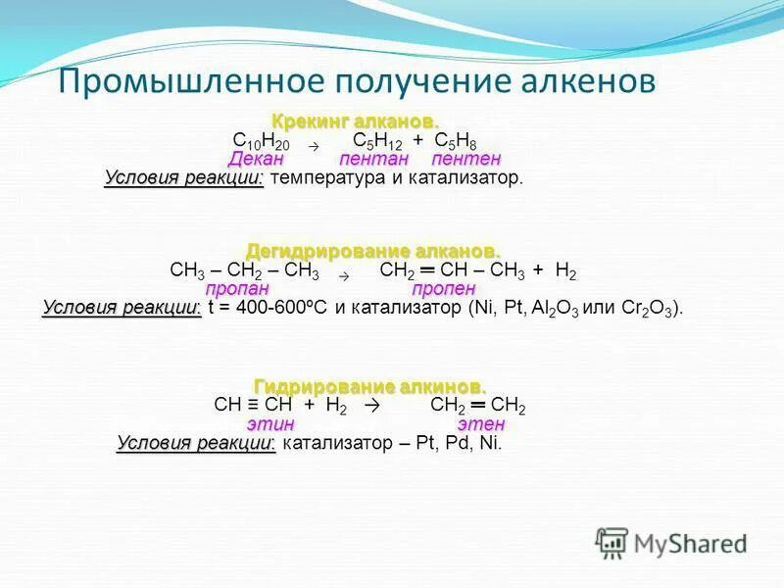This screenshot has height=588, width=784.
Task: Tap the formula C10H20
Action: (x=254, y=141)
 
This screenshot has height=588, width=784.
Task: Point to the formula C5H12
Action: (x=377, y=141)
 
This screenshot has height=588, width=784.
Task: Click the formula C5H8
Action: (x=456, y=141)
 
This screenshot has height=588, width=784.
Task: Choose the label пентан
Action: (x=374, y=159)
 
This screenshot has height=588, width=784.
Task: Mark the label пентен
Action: (x=466, y=159)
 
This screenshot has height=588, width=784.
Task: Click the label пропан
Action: (x=237, y=289)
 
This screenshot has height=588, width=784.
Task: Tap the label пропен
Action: (x=443, y=289)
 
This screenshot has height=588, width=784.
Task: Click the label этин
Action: (x=270, y=424)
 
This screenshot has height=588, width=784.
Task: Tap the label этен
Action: (x=481, y=424)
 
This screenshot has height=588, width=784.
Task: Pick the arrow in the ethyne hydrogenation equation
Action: (x=370, y=406)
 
